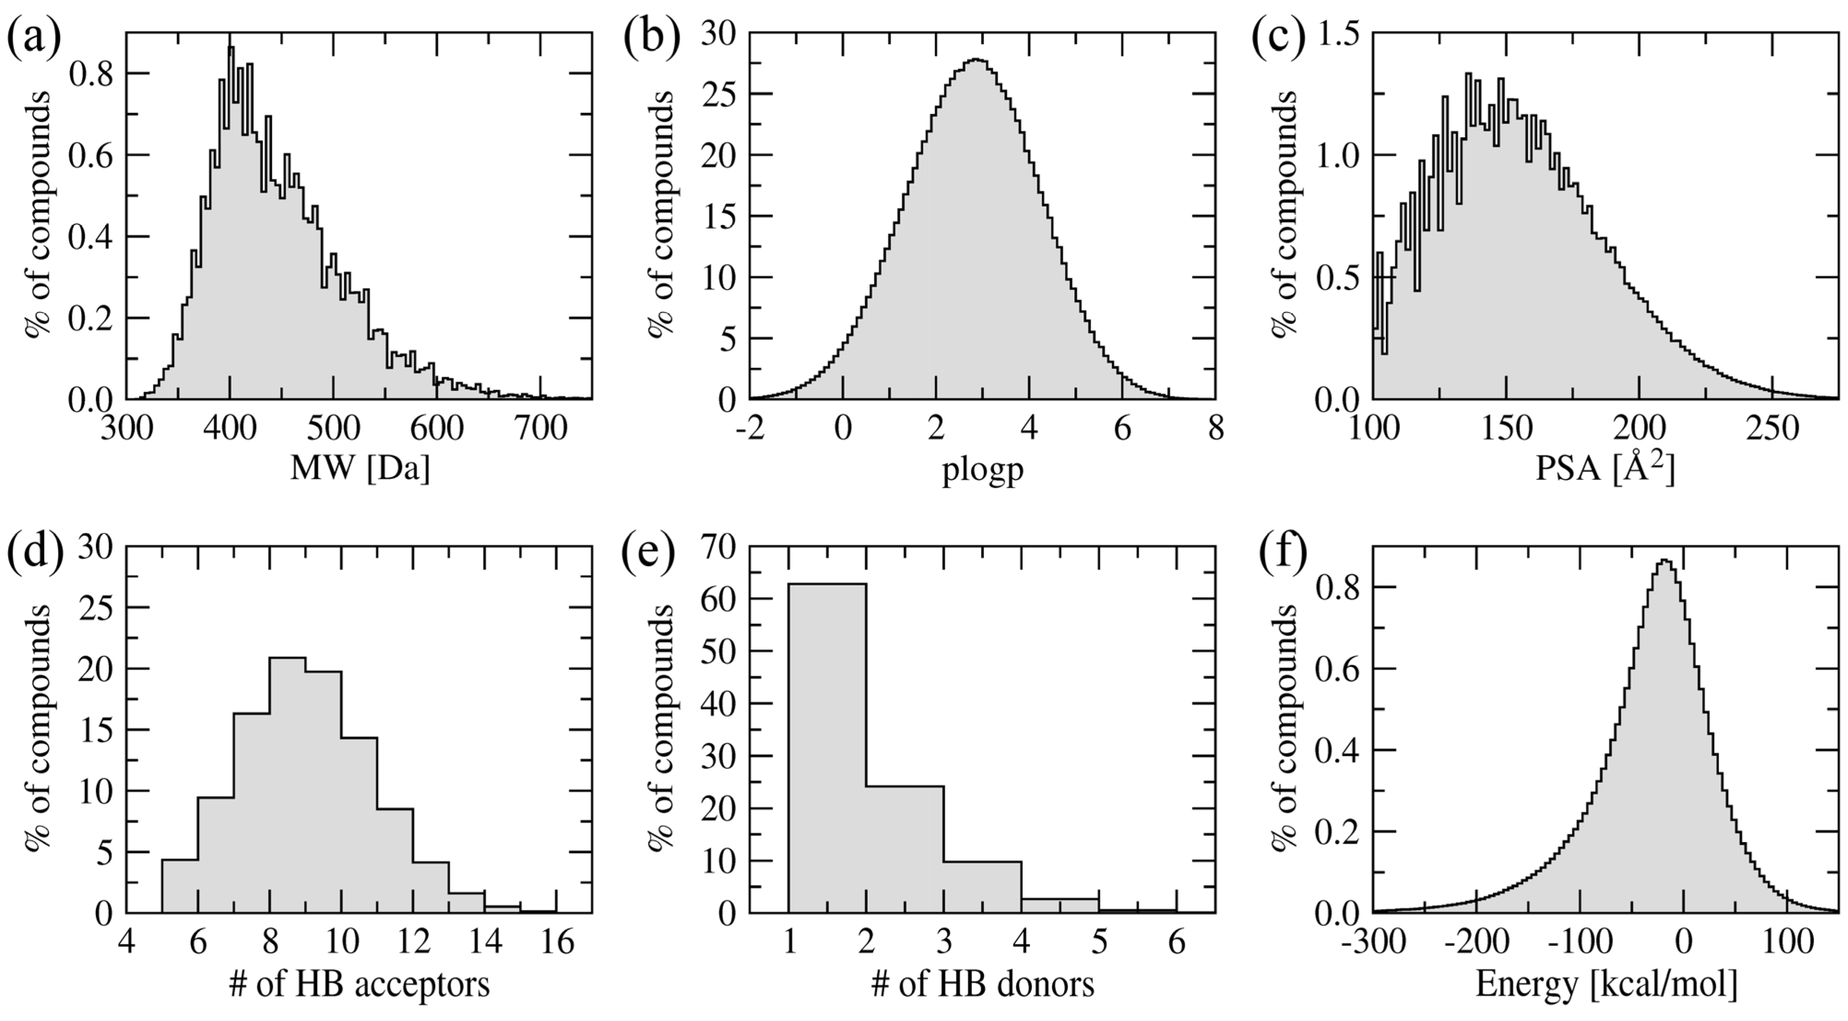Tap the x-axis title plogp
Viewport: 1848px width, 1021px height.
click(982, 471)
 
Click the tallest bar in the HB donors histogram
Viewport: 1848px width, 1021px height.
click(827, 746)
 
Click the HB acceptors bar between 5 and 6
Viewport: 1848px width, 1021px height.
click(179, 886)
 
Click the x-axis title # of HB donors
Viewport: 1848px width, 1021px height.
click(982, 985)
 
